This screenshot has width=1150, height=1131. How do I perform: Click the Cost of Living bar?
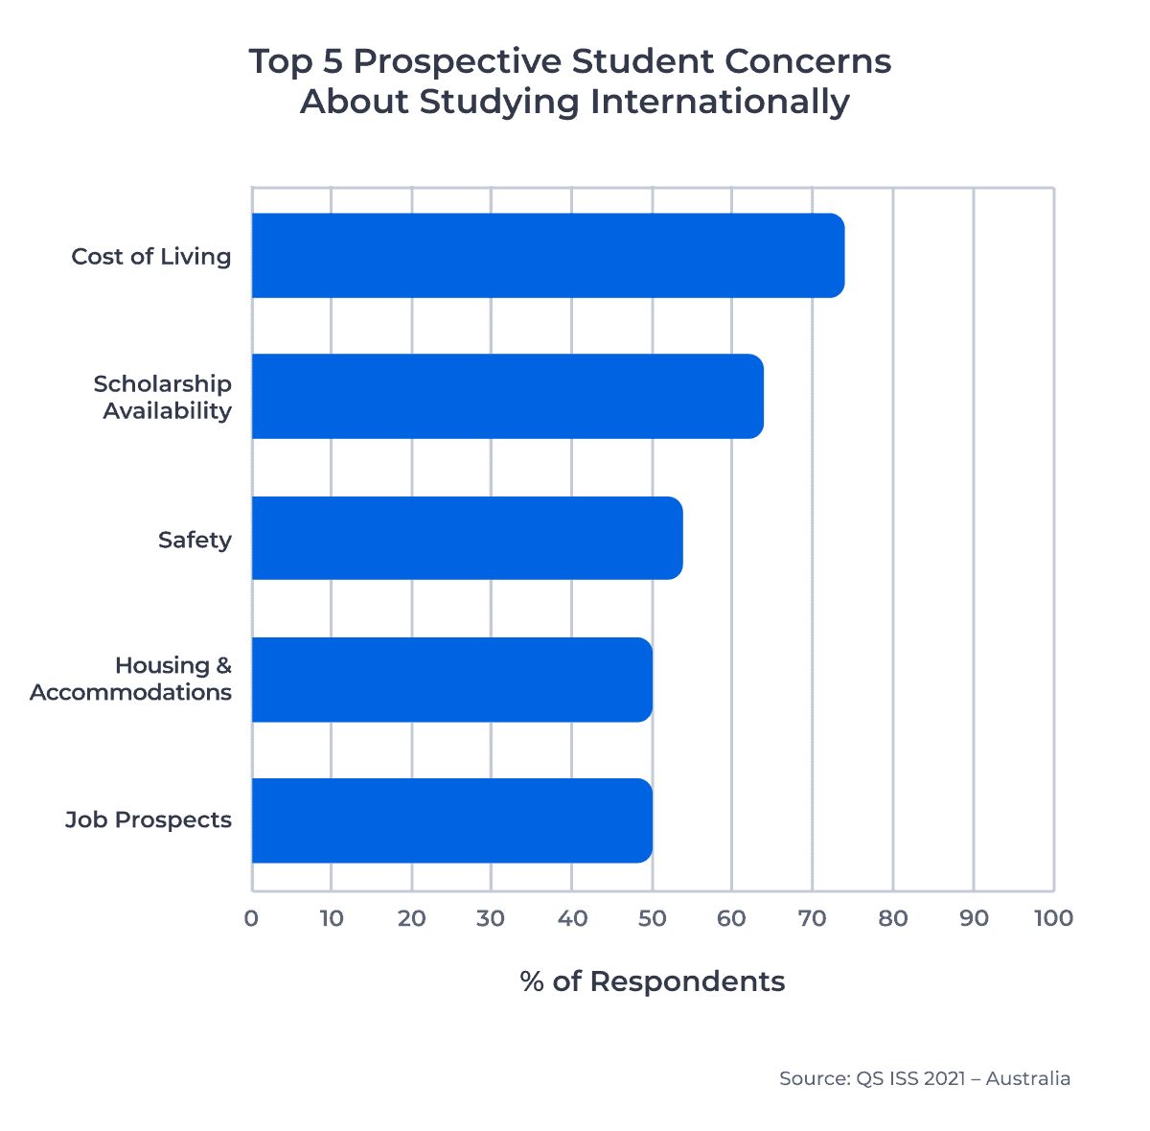547,256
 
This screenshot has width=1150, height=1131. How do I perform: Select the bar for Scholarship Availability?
507,397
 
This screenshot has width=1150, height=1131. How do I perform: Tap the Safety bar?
467,539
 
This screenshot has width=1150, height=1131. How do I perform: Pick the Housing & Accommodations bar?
451,680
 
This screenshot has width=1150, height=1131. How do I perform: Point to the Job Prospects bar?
451,820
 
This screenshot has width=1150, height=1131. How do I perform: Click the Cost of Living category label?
151,257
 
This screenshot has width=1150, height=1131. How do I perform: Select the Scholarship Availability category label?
163,398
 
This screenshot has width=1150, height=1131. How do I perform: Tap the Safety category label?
195,541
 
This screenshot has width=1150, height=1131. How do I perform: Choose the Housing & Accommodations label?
131,680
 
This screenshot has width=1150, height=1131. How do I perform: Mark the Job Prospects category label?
149,820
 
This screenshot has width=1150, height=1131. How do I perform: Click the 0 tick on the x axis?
251,918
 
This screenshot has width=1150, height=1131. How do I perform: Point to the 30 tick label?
492,918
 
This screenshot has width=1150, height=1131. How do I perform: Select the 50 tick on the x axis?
652,918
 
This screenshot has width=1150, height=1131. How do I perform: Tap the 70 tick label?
813,918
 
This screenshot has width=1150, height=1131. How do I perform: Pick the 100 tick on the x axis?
1053,918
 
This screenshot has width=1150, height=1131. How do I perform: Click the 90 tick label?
974,918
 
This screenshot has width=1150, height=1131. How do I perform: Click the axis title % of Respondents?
653,981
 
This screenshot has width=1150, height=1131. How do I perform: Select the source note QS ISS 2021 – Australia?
925,1078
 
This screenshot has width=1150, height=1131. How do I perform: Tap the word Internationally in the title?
719,102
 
